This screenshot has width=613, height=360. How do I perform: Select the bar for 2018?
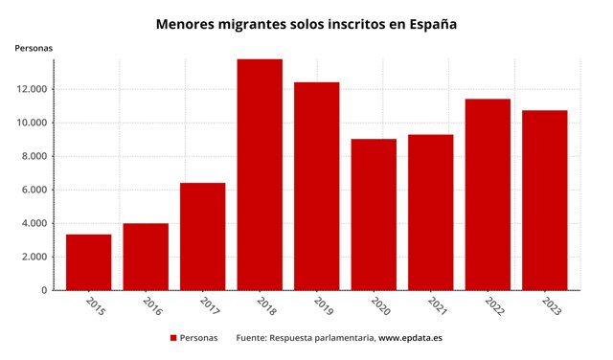point(260,174)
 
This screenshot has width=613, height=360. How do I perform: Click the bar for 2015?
point(88,261)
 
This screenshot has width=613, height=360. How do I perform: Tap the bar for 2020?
point(374,214)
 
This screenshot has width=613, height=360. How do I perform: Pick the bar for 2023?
point(544,200)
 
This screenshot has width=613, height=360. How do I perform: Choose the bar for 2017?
point(202,236)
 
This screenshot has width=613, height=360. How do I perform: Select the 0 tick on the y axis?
point(44,290)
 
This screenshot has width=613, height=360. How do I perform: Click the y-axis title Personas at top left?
point(34,48)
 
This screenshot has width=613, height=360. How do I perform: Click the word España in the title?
point(434,22)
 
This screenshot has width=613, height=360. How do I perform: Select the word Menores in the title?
point(186,22)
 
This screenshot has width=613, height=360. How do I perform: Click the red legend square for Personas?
point(173,338)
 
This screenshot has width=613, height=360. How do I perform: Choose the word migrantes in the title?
point(252,22)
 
